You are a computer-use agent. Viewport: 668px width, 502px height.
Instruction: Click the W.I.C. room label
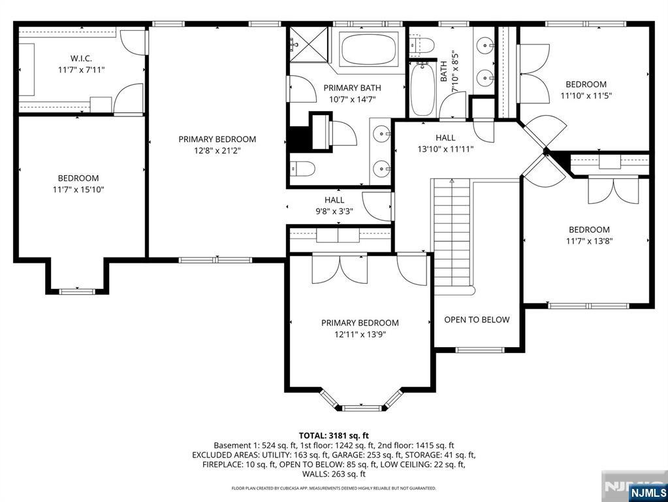point(81,58)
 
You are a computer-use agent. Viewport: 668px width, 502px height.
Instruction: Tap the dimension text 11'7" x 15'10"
point(78,190)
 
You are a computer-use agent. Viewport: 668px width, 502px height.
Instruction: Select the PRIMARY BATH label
point(353,88)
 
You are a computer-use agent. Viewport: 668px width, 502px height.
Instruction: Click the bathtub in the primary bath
point(369,50)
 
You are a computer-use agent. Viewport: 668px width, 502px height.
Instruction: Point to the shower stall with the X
point(309,44)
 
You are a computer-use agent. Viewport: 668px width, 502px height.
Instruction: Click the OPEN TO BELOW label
point(477,320)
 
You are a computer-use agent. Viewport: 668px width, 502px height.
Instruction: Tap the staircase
point(452,233)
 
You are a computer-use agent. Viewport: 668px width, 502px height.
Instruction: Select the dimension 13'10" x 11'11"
point(445,149)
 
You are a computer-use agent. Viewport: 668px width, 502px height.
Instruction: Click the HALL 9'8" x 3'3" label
point(334,205)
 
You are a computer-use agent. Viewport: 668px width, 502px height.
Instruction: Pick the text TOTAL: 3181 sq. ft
point(334,435)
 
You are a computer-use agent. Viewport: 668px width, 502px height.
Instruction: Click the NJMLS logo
point(647,493)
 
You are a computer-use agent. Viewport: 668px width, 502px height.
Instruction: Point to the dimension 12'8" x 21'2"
point(217,150)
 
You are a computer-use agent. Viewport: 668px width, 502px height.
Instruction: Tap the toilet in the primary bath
point(302,169)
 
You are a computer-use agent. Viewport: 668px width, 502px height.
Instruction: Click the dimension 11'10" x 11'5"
point(586,96)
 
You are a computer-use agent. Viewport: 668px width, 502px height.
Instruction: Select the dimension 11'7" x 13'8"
point(589,241)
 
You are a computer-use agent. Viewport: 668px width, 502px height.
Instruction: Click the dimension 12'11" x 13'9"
point(360,335)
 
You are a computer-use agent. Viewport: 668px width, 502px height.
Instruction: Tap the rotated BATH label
point(444,71)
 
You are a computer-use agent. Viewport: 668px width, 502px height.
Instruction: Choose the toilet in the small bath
point(422,44)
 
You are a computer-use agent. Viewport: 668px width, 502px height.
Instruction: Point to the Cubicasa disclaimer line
point(334,488)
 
